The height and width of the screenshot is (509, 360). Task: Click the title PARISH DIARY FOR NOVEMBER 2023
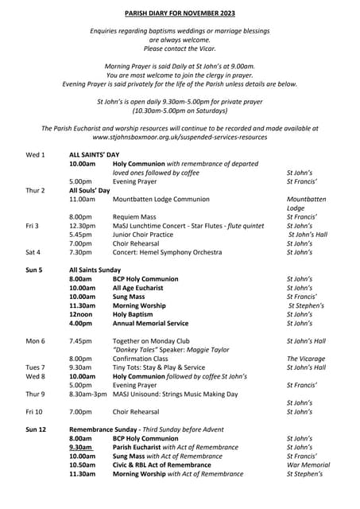(x=180, y=14)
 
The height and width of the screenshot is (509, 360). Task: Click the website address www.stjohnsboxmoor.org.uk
(x=180, y=137)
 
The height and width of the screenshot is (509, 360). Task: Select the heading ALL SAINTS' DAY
(x=94, y=154)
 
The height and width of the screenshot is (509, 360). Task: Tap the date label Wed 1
(x=36, y=154)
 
